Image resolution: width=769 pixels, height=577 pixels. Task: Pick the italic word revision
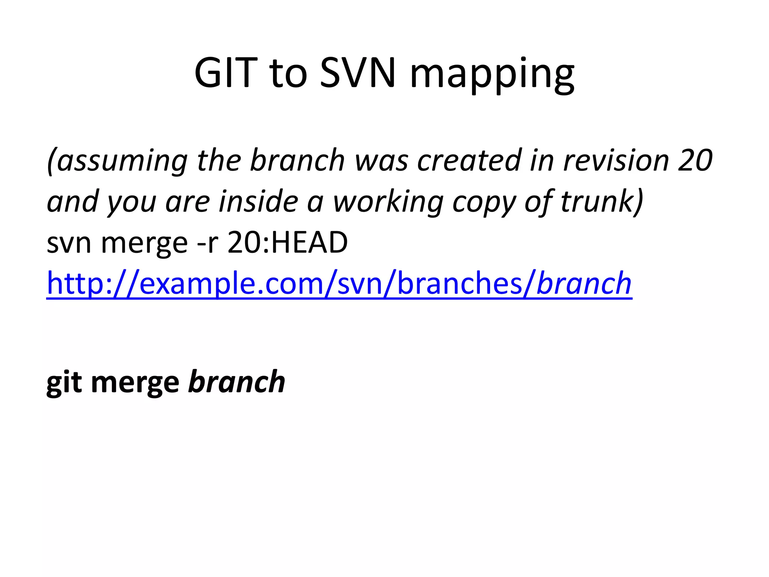point(616,160)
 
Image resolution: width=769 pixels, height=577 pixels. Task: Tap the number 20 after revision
point(695,160)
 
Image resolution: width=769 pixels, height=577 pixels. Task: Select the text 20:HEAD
point(288,243)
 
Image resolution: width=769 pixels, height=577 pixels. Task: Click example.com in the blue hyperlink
point(231,284)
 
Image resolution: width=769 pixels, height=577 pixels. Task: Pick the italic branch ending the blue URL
point(584,284)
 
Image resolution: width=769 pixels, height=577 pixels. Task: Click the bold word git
point(64,383)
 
